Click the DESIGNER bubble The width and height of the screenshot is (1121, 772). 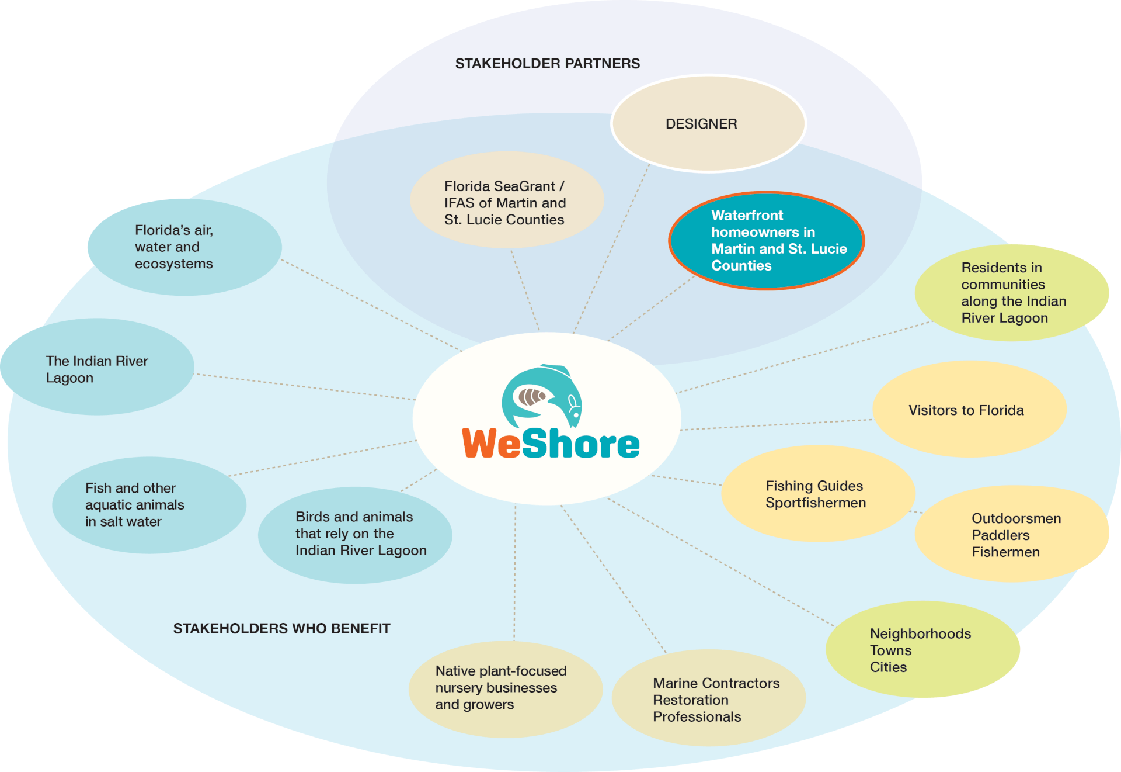pos(708,124)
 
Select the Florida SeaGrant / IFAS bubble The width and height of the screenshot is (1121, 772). pos(506,200)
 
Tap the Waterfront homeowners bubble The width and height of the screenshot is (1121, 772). pos(766,241)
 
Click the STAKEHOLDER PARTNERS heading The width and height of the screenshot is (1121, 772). pos(547,64)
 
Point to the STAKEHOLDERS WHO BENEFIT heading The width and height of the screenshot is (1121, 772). pos(281,629)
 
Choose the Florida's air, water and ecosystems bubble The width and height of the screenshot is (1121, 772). pos(184,247)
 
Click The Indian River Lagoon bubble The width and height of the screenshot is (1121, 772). pos(98,367)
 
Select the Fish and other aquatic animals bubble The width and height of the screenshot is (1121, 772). pos(149,505)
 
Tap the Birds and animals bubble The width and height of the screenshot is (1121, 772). pos(355,535)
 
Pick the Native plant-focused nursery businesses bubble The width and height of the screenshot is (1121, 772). pos(505,688)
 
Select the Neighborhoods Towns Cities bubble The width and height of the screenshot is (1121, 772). pos(922,649)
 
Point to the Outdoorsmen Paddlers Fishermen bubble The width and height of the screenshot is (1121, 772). pos(1011,534)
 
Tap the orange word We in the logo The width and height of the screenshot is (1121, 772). pos(491,444)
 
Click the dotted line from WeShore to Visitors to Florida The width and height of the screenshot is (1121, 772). pos(777,425)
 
